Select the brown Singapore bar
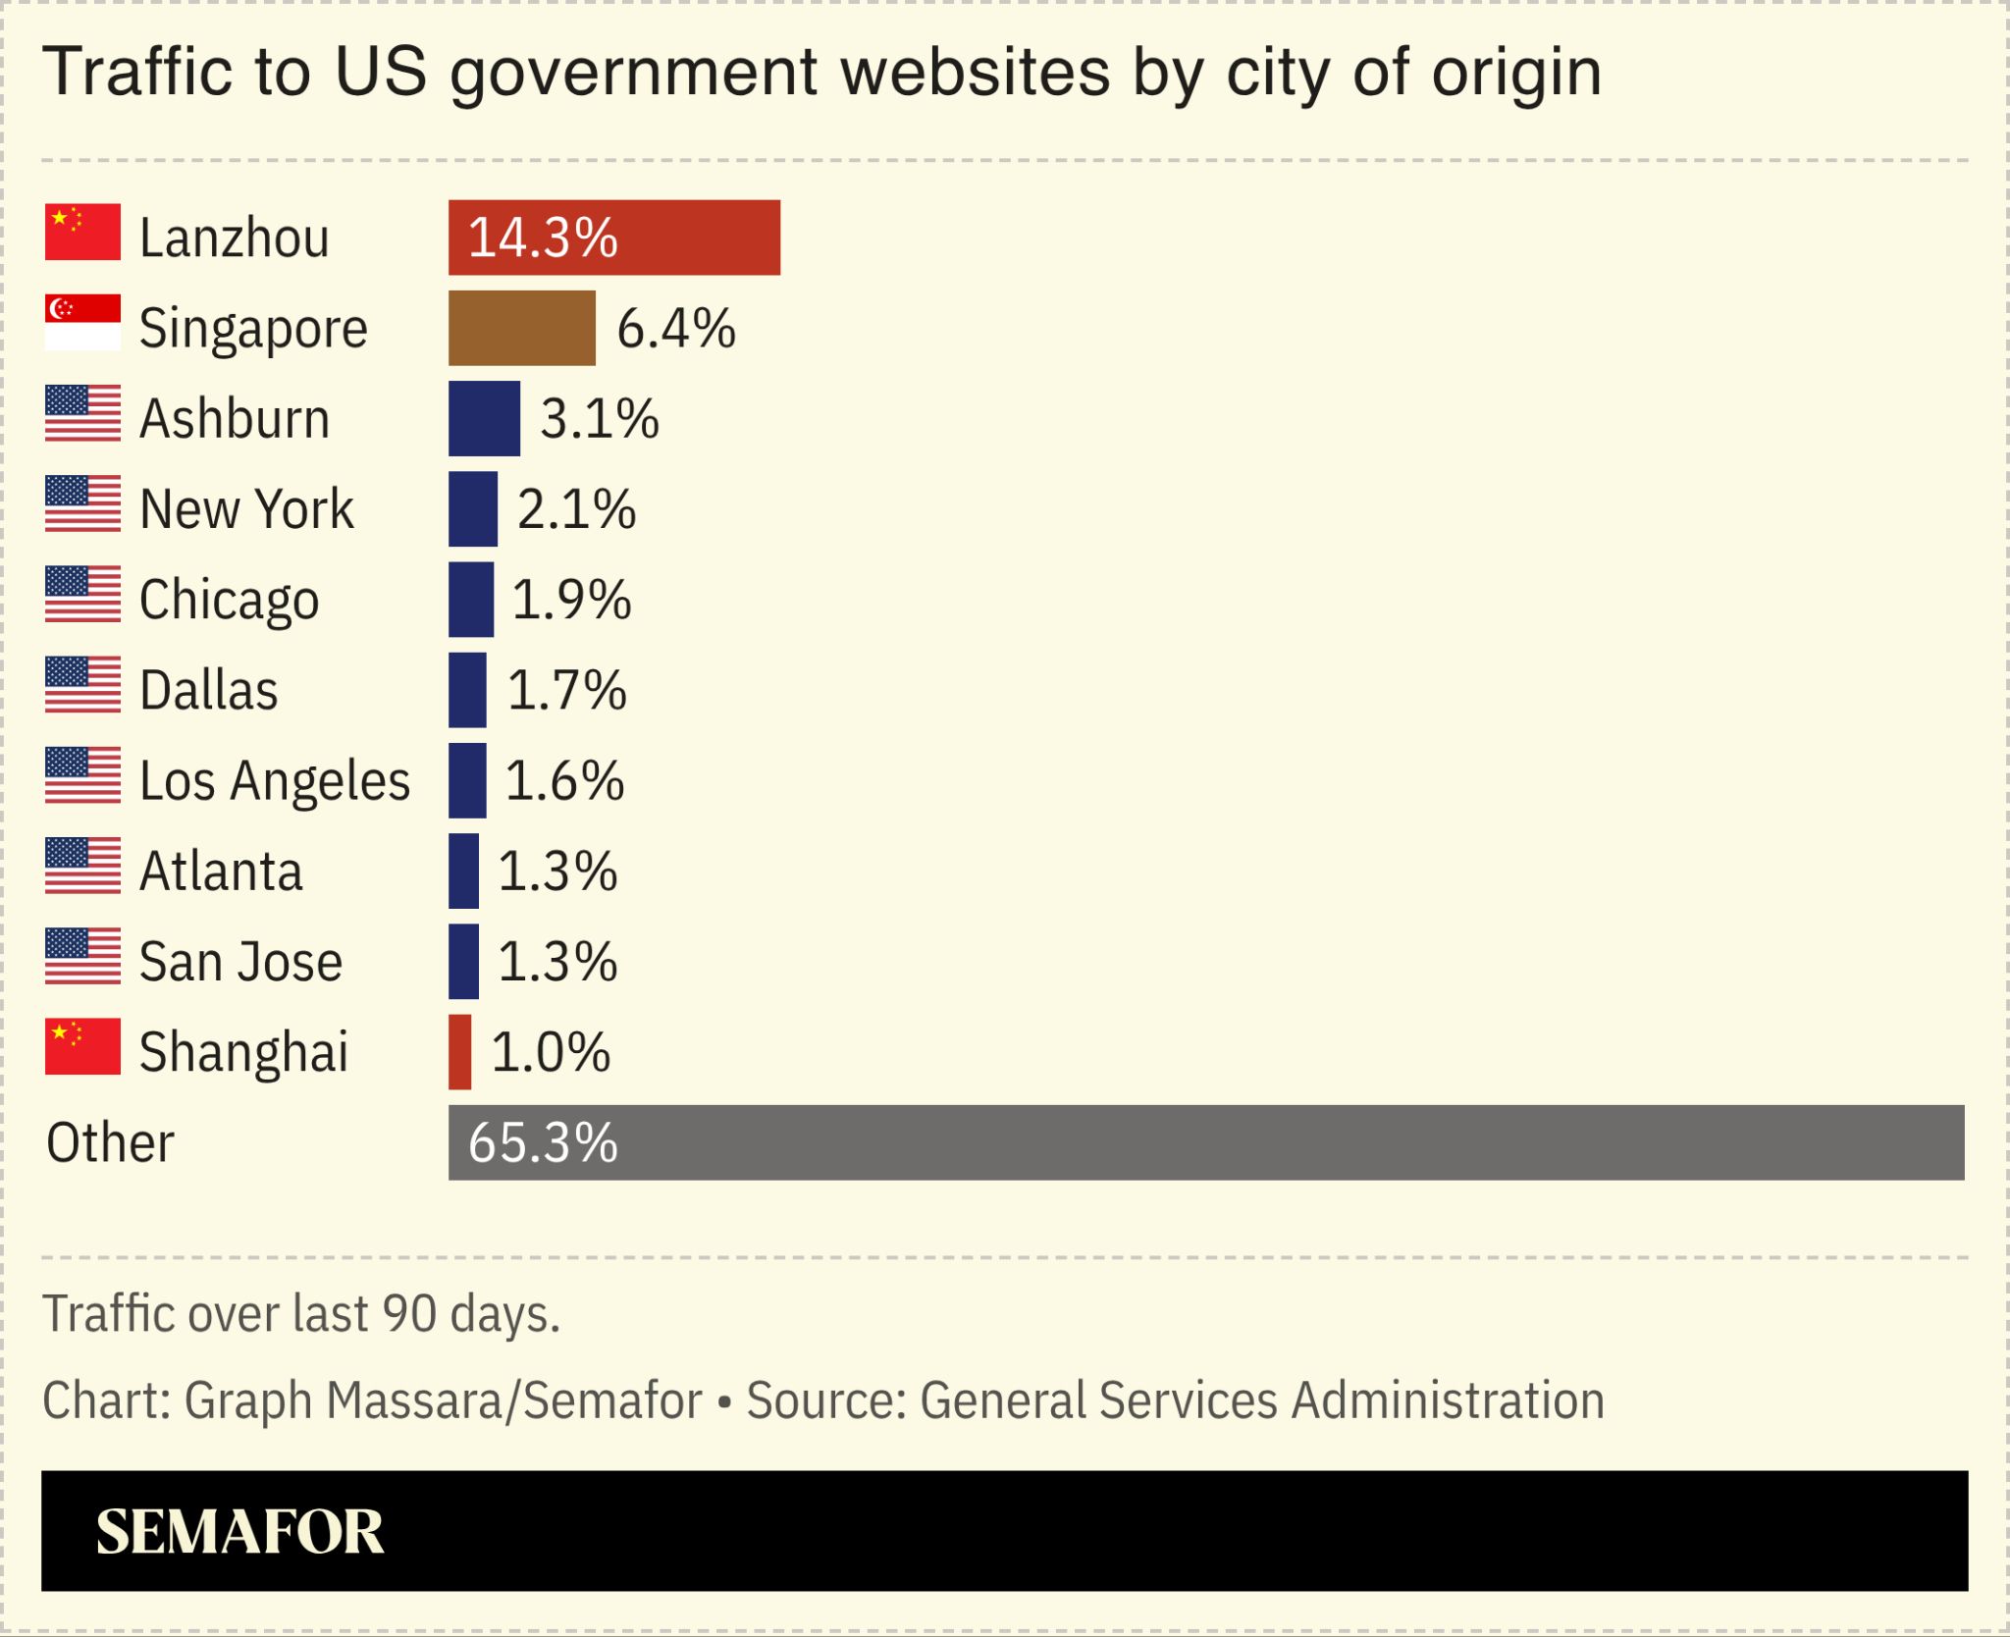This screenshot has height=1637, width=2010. (521, 328)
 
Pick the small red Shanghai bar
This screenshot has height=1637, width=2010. (459, 1052)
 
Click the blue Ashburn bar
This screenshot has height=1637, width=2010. (484, 419)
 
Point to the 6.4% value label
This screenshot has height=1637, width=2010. (676, 329)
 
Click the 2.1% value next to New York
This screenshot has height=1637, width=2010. (577, 509)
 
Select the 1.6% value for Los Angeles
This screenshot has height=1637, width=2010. (564, 781)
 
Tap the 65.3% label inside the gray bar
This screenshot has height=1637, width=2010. (543, 1143)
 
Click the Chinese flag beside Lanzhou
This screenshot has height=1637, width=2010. (82, 233)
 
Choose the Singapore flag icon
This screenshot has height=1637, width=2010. (82, 323)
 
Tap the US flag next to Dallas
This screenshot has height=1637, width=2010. (82, 685)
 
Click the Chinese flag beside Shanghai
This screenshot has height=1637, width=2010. (82, 1046)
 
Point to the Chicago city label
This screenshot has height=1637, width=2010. (229, 600)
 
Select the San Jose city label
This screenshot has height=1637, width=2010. (240, 962)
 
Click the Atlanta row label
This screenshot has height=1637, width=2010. (221, 871)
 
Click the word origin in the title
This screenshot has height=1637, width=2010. (1516, 73)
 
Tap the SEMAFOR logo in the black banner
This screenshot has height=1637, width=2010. (239, 1532)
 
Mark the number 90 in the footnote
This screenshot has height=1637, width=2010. (409, 1313)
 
